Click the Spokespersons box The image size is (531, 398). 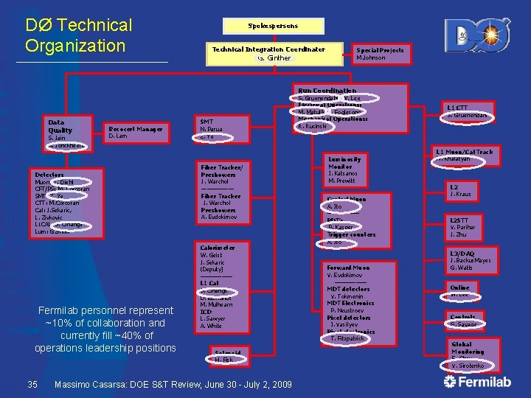coord(272,25)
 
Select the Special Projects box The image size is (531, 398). coord(380,54)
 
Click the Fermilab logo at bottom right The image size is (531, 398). coord(480,382)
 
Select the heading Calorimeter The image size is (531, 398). coord(218,248)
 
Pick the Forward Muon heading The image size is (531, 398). coord(347,268)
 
